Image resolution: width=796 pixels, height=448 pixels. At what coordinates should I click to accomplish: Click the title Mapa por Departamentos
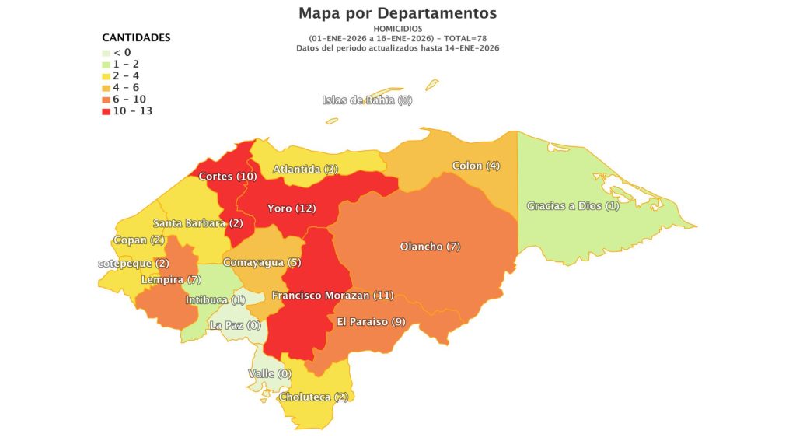[x=397, y=13]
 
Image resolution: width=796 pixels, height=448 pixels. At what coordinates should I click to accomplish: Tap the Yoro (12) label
[x=292, y=208]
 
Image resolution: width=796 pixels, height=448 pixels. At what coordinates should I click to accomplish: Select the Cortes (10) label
[x=228, y=177]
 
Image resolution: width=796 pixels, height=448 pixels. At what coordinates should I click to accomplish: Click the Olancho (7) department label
[x=430, y=247]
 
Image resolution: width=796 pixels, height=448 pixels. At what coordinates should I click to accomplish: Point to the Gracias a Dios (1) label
[x=573, y=206]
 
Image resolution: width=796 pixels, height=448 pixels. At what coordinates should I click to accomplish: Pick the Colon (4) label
[x=476, y=166]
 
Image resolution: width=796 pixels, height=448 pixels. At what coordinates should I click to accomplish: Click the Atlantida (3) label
[x=305, y=170]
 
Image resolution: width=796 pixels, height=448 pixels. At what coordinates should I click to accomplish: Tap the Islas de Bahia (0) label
[x=367, y=100]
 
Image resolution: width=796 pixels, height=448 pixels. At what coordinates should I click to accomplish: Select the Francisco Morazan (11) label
[x=333, y=296]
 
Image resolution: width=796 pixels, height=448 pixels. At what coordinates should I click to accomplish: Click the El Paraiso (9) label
[x=371, y=322]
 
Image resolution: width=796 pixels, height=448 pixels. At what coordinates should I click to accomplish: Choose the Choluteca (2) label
[x=313, y=397]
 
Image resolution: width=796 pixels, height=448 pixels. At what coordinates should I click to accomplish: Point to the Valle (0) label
[x=269, y=374]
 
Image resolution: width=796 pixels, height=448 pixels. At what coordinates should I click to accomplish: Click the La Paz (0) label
[x=235, y=326]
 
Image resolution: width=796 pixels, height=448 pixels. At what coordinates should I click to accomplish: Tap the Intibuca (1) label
[x=215, y=300]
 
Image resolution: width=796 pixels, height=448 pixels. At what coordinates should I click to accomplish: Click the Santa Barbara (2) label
[x=197, y=223]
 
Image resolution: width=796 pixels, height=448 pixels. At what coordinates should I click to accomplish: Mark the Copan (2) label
[x=138, y=240]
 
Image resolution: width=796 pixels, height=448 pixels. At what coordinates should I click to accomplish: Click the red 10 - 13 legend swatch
[x=106, y=111]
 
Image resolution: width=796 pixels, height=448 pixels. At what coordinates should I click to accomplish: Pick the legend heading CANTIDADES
[x=136, y=37]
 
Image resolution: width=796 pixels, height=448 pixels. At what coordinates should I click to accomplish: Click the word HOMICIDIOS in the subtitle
[x=397, y=29]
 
